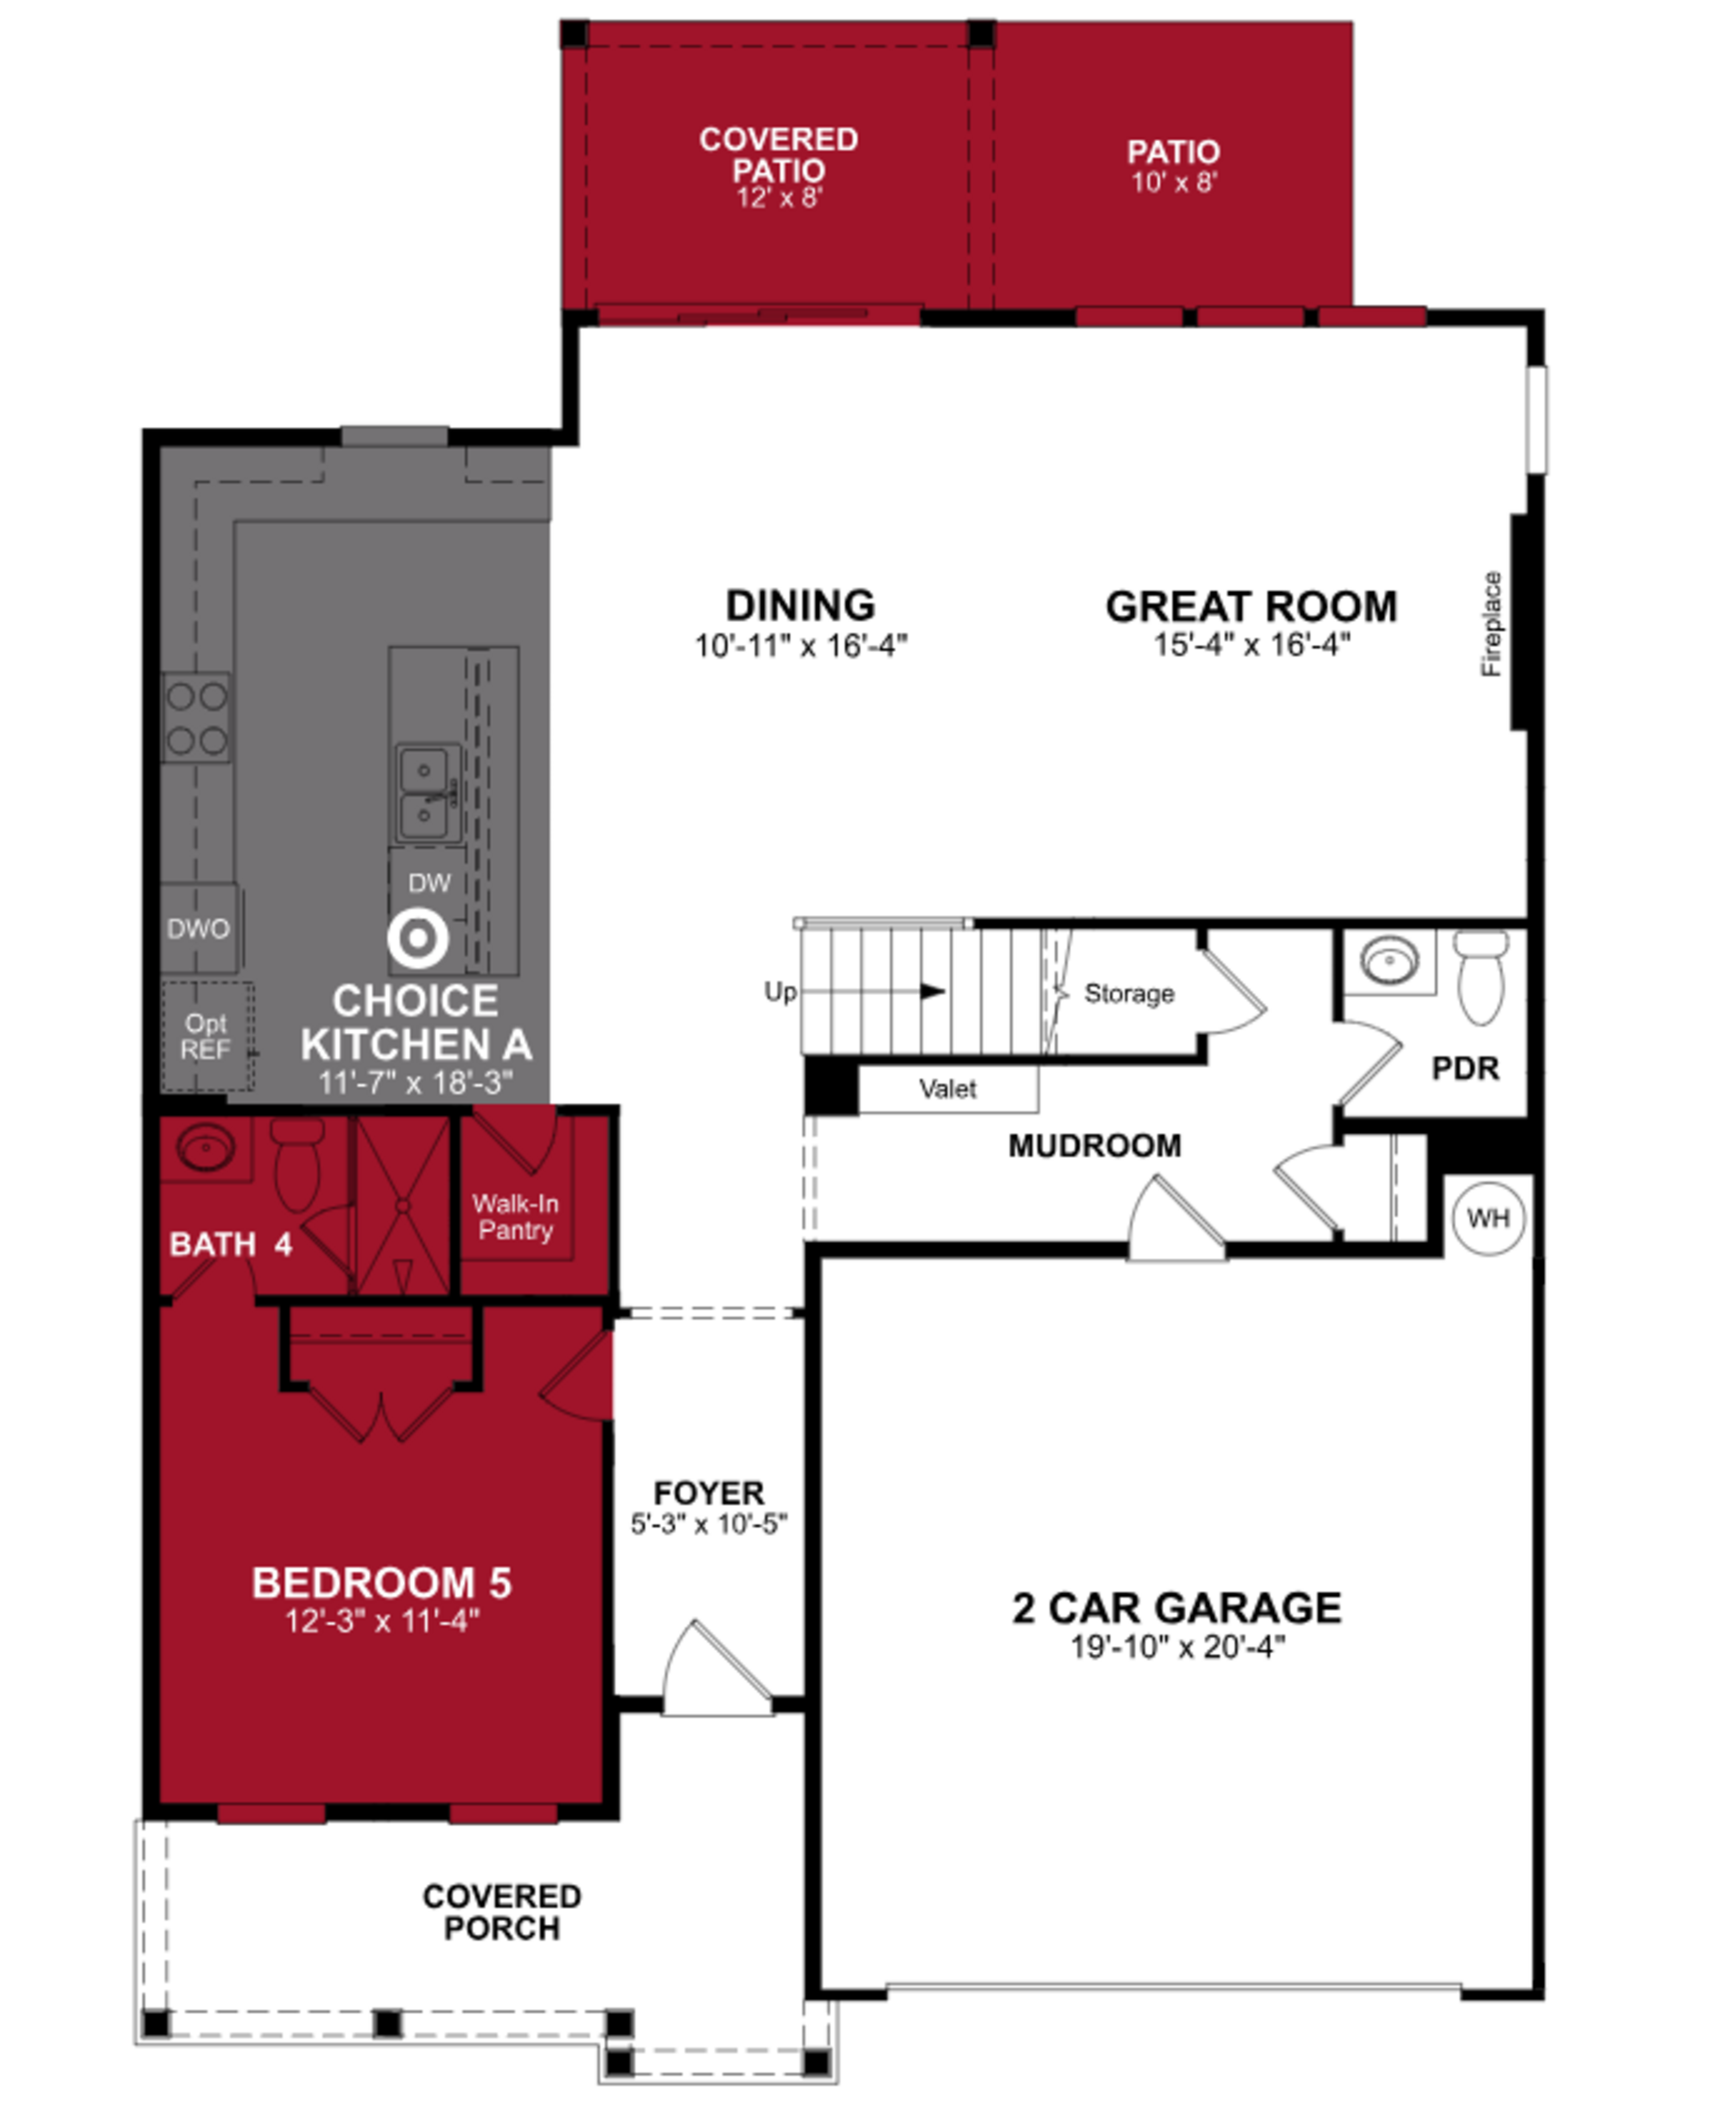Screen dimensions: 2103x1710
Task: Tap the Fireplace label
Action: click(1491, 624)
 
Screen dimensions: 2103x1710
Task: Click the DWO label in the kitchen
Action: click(198, 928)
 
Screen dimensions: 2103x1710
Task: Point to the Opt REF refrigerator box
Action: click(207, 1037)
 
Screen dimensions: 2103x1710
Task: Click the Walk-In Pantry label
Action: click(515, 1217)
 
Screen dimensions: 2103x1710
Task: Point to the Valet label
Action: click(948, 1089)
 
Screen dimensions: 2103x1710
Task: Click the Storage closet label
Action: click(1129, 993)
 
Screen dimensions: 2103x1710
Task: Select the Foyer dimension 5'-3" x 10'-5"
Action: click(708, 1523)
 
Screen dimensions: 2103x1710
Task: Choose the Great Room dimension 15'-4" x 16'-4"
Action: click(1251, 645)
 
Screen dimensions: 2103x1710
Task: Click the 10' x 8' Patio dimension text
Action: click(1174, 182)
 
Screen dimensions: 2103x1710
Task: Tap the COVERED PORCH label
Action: click(501, 1912)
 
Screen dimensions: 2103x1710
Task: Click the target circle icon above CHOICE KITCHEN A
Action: click(418, 938)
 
